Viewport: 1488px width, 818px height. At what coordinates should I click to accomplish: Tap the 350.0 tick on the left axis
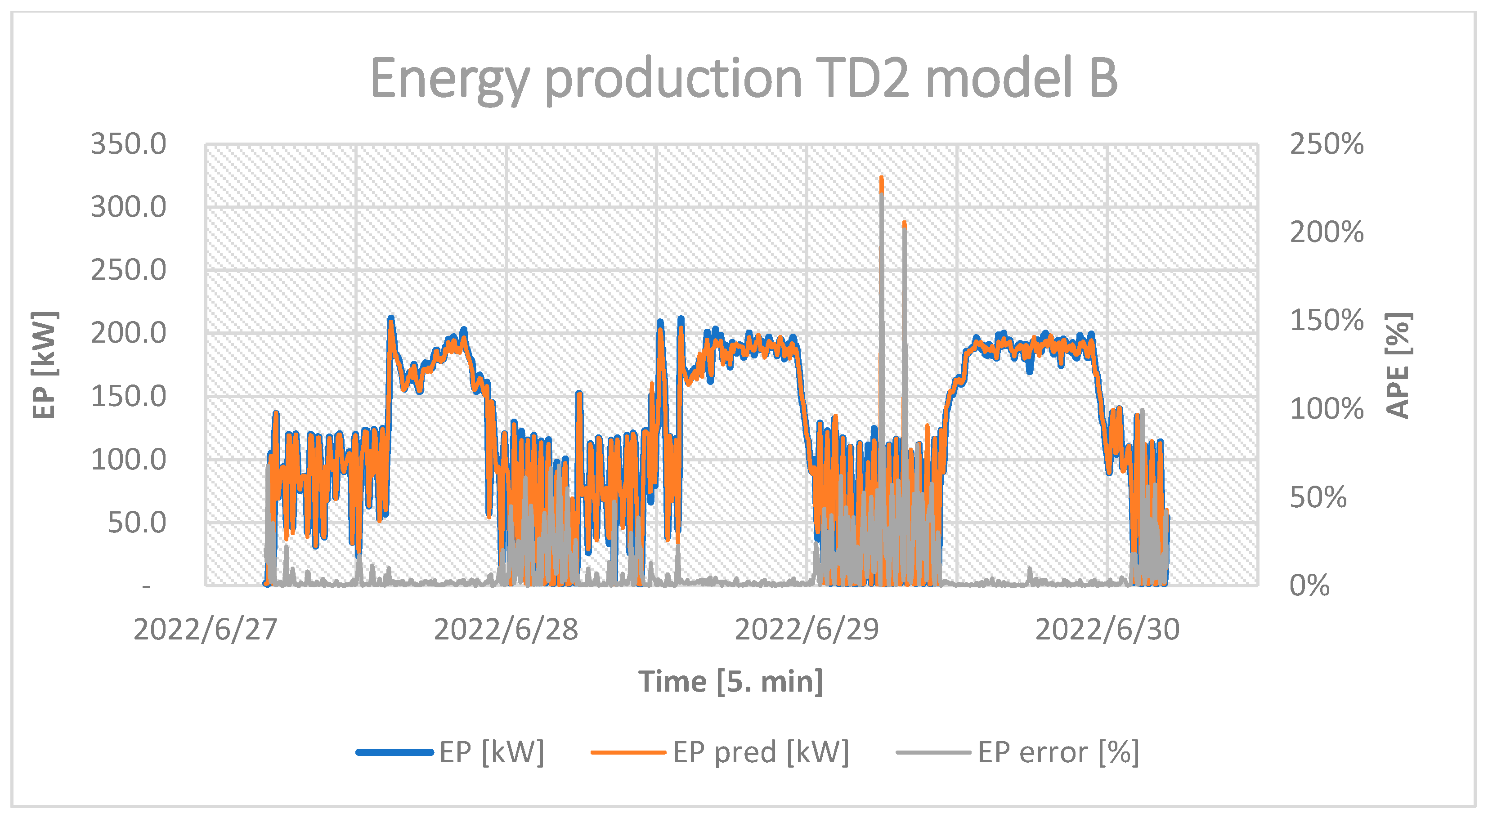[x=128, y=144]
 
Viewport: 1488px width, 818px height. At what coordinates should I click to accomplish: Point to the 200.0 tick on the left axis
[x=128, y=333]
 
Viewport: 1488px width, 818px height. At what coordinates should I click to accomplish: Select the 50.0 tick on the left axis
[x=137, y=523]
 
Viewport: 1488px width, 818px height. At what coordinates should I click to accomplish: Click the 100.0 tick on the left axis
[x=128, y=460]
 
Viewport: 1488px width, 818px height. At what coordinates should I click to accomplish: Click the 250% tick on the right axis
[x=1326, y=144]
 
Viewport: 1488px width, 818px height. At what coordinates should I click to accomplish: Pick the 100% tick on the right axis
[x=1326, y=409]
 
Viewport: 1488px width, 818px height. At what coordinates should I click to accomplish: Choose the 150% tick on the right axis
[x=1326, y=321]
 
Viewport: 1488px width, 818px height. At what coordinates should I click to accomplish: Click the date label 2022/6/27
[x=205, y=630]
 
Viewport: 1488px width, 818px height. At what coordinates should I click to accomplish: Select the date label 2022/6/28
[x=506, y=630]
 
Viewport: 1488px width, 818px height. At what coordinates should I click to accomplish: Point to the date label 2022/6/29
[x=807, y=630]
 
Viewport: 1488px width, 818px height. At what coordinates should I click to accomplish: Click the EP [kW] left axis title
[x=45, y=365]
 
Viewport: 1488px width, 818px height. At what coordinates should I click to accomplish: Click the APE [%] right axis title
[x=1398, y=365]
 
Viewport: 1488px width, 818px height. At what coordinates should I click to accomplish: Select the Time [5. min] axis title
[x=731, y=682]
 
